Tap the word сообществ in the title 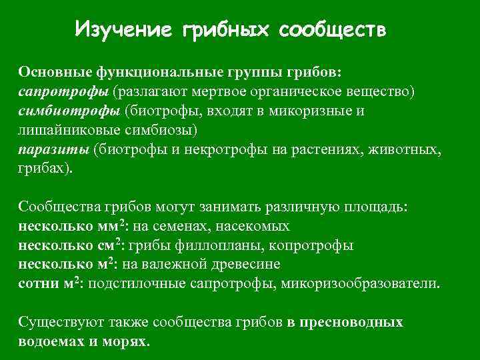tap(331, 29)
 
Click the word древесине tap(223, 264)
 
